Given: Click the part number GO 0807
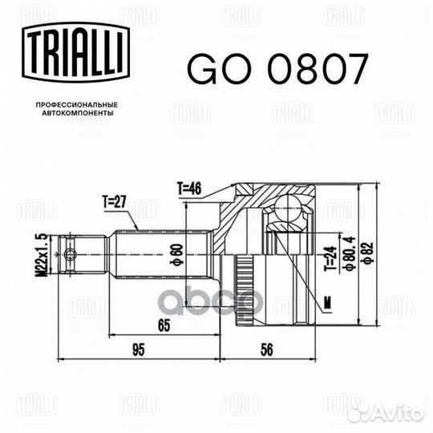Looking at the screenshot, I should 276,70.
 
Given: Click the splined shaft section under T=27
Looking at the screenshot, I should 160,253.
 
